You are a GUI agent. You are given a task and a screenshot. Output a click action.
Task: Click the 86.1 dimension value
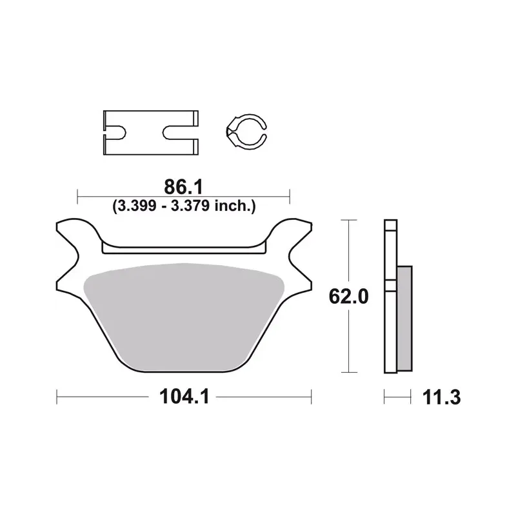point(183,187)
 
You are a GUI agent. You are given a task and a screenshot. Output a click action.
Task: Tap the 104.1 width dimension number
point(184,396)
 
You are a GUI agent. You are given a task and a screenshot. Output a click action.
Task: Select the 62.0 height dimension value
point(348,296)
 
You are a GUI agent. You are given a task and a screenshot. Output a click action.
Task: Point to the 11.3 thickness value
point(441,397)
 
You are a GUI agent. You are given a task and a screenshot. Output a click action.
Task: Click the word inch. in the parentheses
point(235,206)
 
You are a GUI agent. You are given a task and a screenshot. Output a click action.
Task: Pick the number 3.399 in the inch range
point(135,206)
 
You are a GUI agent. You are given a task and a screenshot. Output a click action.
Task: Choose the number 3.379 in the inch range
point(190,206)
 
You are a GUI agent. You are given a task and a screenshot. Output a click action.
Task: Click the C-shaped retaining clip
point(246,132)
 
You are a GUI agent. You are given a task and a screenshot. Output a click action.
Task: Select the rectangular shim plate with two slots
point(151,133)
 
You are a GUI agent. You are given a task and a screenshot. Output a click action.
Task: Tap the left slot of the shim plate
point(115,132)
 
